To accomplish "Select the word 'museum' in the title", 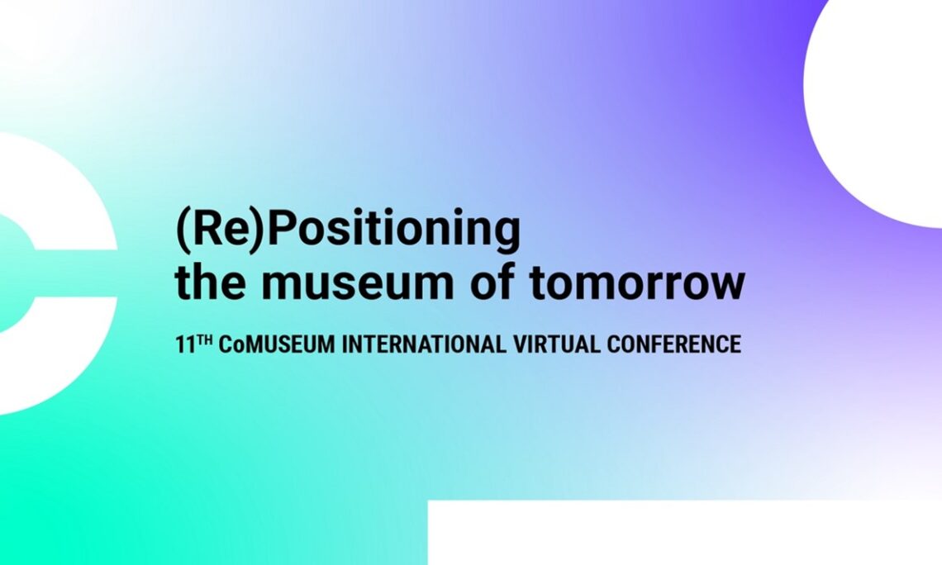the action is [356, 283].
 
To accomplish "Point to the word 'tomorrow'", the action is [637, 282].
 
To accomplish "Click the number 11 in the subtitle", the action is [185, 344].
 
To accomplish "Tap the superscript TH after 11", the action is [204, 340].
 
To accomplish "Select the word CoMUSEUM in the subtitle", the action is [276, 344].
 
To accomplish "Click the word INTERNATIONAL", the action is [424, 344].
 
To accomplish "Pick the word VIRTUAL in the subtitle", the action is [556, 344].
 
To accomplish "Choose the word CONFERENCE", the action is [674, 344].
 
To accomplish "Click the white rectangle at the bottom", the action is [685, 533].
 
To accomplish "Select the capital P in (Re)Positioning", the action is [283, 229].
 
